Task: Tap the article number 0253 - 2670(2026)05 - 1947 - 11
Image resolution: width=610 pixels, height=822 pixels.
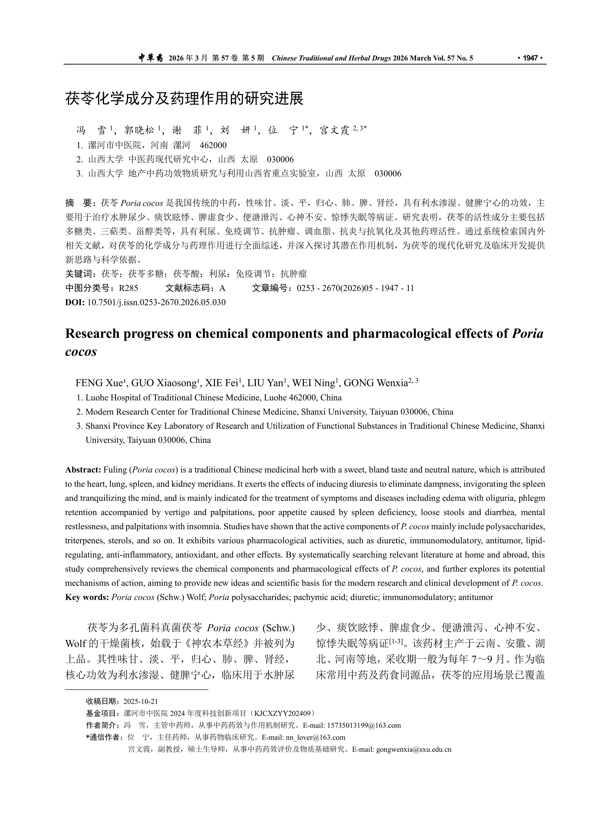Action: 355,288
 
